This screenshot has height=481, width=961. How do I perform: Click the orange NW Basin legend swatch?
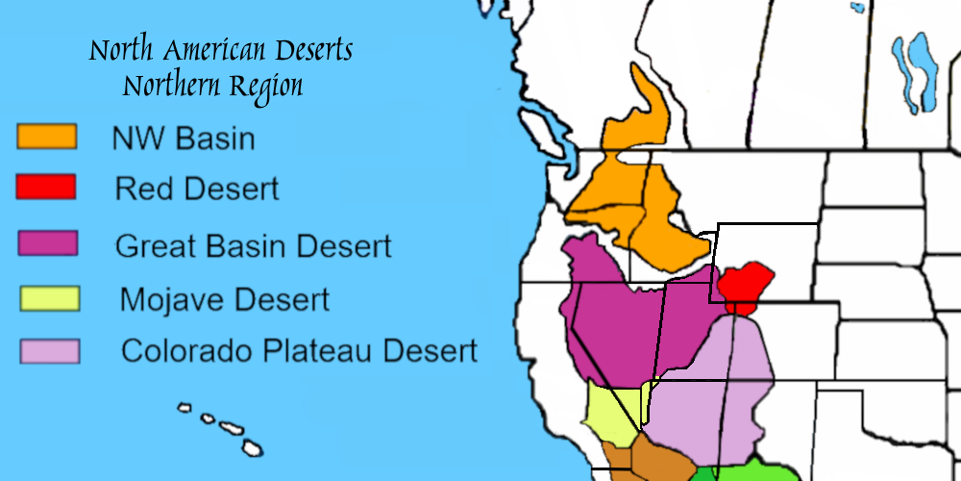coord(46,137)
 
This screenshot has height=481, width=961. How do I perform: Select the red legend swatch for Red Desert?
coord(45,187)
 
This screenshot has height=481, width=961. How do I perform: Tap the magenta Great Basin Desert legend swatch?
coord(47,242)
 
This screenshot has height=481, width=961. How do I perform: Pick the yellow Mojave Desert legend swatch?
coord(49,298)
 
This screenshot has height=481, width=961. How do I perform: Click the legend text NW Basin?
coord(184,139)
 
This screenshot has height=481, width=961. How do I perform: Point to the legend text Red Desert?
coord(197,189)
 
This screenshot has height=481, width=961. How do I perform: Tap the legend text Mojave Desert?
coord(224,299)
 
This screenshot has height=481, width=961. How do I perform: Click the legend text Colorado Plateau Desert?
coord(298,350)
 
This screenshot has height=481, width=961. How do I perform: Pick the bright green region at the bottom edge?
coord(759,471)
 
